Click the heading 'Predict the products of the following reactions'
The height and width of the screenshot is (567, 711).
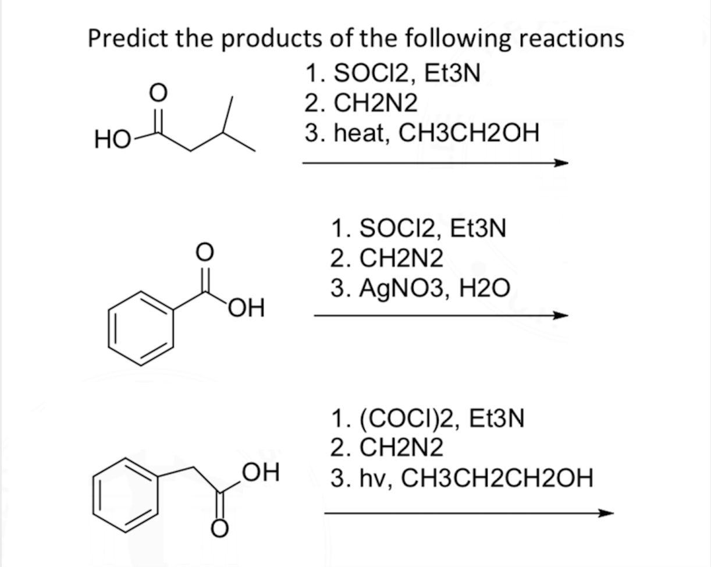355,39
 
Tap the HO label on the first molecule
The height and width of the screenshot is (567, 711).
109,141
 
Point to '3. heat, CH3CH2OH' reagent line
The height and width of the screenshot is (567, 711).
422,134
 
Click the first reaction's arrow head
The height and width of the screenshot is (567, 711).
560,164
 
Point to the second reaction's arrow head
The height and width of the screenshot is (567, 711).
560,316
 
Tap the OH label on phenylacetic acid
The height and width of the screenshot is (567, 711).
259,472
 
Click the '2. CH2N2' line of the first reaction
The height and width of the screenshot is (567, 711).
361,104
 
